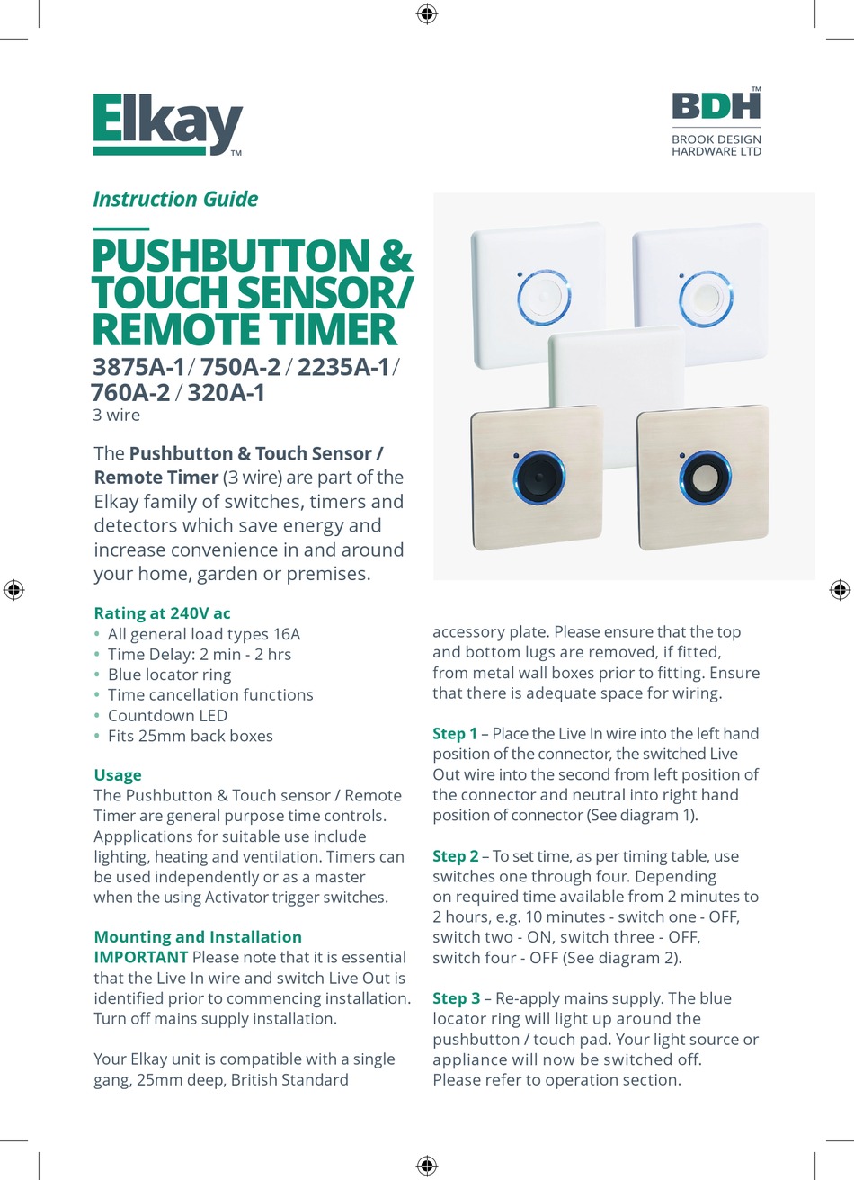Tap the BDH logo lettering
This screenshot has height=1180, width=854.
click(x=716, y=105)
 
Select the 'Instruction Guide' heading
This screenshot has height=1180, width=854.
click(x=175, y=199)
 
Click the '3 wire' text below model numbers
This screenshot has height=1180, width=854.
click(x=117, y=415)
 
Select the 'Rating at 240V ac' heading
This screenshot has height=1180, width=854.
click(x=162, y=613)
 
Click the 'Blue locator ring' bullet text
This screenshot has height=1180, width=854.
click(x=169, y=675)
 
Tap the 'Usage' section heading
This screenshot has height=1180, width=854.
click(x=118, y=775)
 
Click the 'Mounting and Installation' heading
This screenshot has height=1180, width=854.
click(x=198, y=937)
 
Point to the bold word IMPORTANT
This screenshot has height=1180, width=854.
click(x=141, y=957)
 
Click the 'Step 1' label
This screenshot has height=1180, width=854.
click(x=455, y=734)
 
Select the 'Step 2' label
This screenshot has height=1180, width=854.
click(x=455, y=856)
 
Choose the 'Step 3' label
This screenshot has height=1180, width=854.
click(x=455, y=998)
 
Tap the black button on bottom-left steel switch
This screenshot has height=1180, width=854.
click(x=538, y=477)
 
